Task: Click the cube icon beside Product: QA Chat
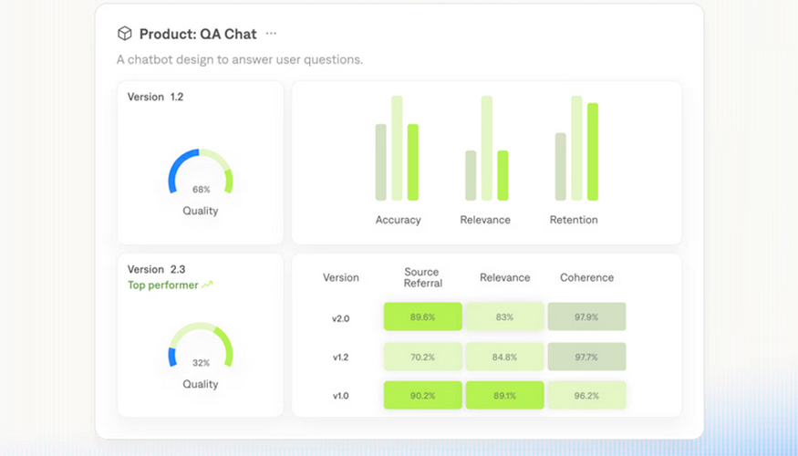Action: [x=125, y=34]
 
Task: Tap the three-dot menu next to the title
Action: [x=271, y=34]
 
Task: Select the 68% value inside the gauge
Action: [x=201, y=190]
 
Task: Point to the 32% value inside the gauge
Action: [x=201, y=362]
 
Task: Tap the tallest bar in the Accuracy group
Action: [x=397, y=148]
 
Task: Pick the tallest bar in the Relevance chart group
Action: [x=486, y=148]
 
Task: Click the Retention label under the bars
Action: [x=574, y=220]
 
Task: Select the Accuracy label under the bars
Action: [x=398, y=220]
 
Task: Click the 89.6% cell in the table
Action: [x=422, y=316]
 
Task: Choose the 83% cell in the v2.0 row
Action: [x=504, y=316]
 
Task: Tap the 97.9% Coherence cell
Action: [x=586, y=316]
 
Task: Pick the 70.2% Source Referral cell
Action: [x=422, y=357]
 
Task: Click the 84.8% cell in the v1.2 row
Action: [x=504, y=357]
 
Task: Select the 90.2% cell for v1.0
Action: [x=422, y=396]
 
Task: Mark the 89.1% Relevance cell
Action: [x=504, y=396]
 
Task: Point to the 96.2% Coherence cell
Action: [x=586, y=396]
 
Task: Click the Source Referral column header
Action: [x=421, y=277]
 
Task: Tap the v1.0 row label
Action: [x=340, y=397]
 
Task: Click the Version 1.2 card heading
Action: [x=155, y=97]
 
